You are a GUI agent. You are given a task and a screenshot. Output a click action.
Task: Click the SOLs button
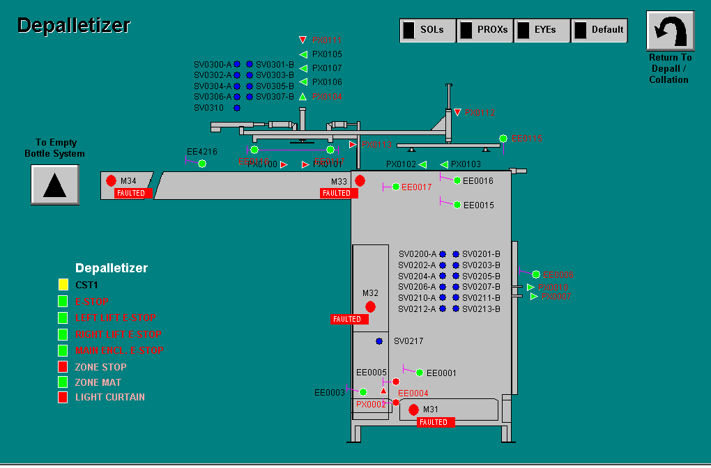(428, 30)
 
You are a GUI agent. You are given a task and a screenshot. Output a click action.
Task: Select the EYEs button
(542, 30)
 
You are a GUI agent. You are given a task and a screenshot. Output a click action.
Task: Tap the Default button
(599, 30)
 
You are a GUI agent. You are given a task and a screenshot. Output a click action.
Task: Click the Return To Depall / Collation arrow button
(670, 31)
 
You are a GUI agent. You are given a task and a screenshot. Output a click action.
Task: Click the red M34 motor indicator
(111, 180)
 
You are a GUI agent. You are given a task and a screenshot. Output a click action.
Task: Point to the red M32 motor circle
(370, 306)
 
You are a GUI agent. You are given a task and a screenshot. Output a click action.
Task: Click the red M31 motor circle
(413, 409)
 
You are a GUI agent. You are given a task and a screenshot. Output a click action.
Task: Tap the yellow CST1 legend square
(63, 284)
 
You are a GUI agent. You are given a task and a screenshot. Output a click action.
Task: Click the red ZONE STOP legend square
(63, 367)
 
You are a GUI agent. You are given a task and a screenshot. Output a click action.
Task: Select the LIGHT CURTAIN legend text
(110, 397)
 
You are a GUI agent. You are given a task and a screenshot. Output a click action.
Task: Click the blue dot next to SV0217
(379, 341)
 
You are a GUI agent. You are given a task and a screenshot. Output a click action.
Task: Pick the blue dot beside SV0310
(237, 108)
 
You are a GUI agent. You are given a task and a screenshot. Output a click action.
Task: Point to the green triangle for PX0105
(303, 54)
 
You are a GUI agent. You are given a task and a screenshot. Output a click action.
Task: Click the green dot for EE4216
(202, 164)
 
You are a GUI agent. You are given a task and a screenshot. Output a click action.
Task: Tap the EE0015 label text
(478, 205)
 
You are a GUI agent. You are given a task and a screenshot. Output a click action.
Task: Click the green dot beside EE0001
(419, 373)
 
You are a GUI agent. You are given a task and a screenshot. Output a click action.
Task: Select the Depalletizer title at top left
(74, 26)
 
